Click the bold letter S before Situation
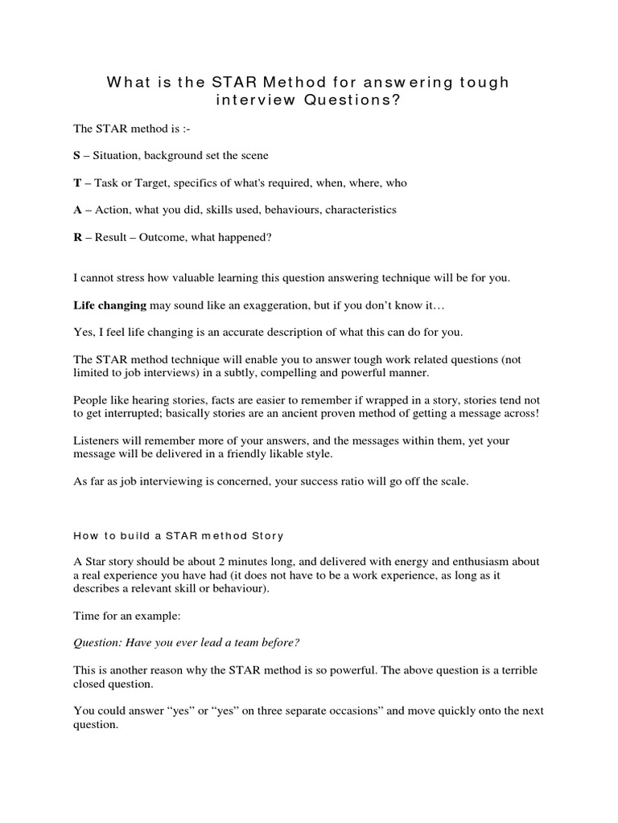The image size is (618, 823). (76, 155)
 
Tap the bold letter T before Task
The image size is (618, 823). (76, 182)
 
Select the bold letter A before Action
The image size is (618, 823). (77, 210)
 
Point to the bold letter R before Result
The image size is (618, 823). (77, 237)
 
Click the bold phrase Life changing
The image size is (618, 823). (110, 305)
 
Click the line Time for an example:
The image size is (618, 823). (122, 616)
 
